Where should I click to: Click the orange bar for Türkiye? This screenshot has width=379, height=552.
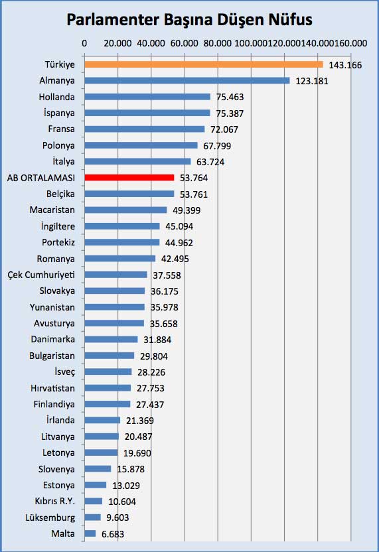pos(204,64)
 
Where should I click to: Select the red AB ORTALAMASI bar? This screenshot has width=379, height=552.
pos(129,177)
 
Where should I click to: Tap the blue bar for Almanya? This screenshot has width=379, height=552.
pos(187,81)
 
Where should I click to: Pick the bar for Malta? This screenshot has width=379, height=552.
pos(90,533)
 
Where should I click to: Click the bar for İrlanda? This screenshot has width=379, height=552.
pos(102,421)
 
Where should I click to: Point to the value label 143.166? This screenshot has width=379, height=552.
pos(345,65)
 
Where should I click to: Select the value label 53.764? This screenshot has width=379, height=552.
pos(194,178)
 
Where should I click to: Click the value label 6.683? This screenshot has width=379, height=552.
pos(113,534)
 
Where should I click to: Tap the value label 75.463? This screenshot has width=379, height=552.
pos(230,97)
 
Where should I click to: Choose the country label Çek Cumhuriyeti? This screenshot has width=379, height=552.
pos(41,275)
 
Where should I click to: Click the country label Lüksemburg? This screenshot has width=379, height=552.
pos(50,517)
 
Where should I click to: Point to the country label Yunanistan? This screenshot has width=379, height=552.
pos(52,307)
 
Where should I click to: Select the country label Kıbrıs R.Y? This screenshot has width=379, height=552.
pos(55,501)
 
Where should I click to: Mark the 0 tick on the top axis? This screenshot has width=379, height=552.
pos(84,43)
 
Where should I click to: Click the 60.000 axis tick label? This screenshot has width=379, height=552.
pos(185,43)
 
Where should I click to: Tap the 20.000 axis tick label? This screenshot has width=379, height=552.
pos(117,43)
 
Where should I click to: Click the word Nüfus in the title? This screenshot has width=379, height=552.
pos(291,20)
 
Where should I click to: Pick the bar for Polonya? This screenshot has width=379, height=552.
pos(141,145)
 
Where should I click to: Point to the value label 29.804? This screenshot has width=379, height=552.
pos(154,356)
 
